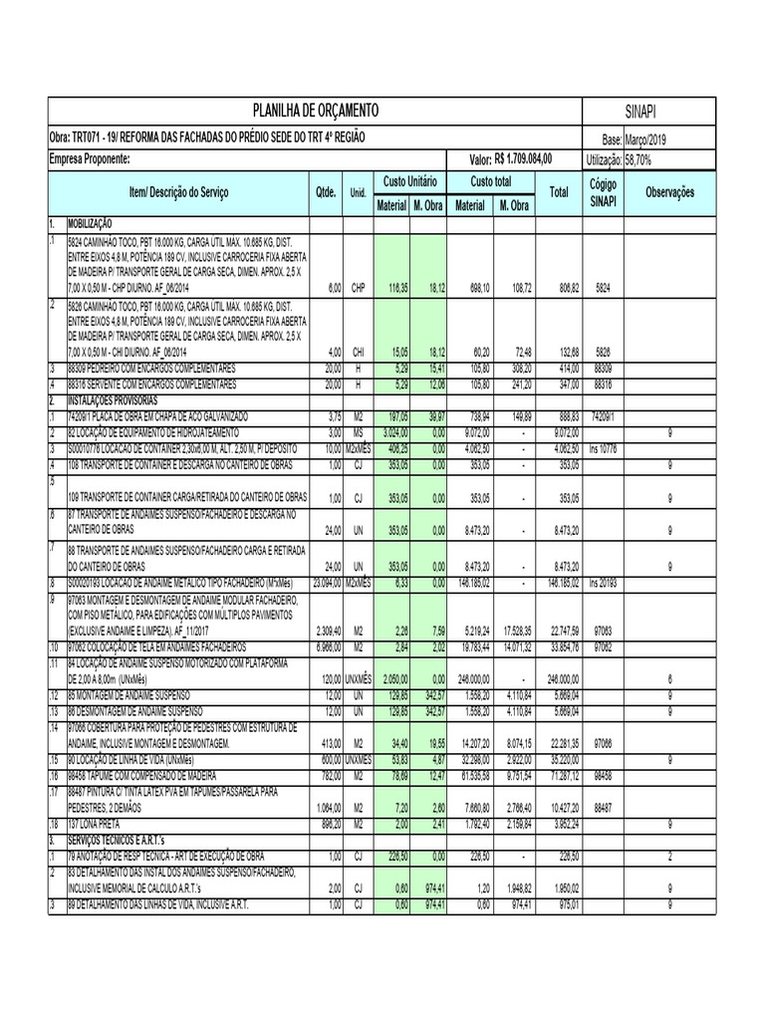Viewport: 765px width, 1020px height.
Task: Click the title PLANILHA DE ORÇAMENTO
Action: (316, 111)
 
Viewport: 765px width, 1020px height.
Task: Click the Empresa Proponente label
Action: (90, 159)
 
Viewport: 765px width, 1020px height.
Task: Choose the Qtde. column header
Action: (326, 191)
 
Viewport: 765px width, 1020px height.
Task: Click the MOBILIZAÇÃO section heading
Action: (92, 225)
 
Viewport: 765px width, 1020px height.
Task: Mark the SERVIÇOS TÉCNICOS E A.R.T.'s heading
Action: (127, 840)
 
